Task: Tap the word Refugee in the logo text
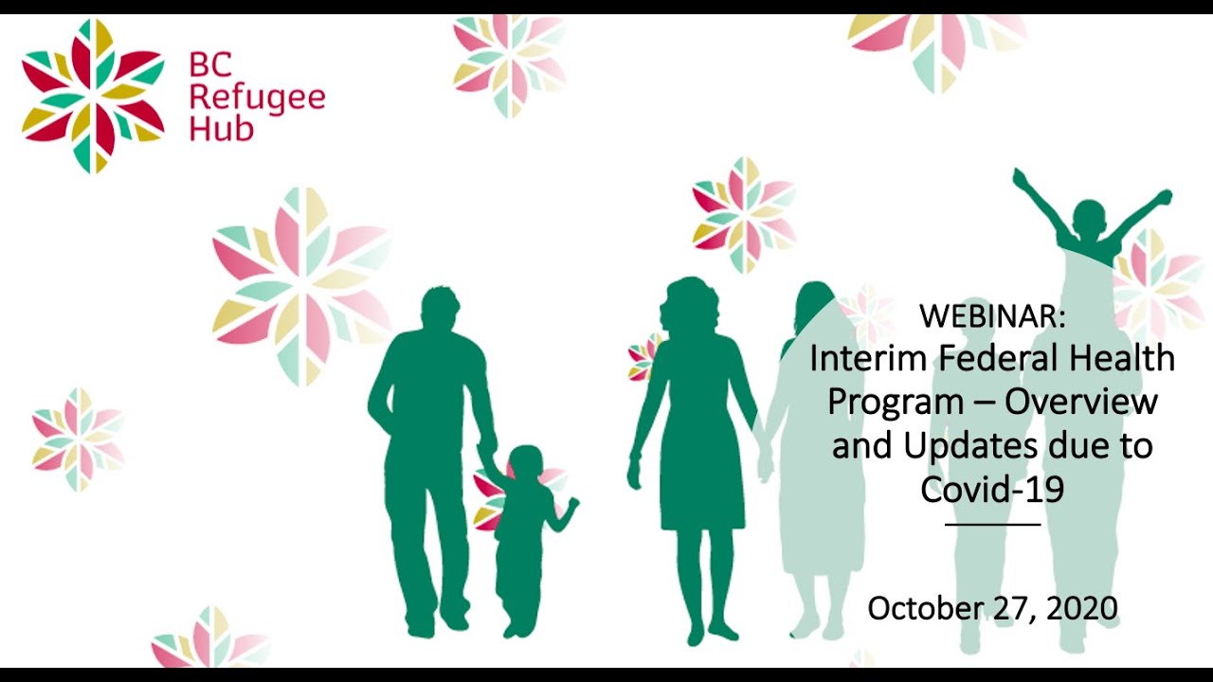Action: [257, 97]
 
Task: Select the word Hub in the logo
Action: [221, 128]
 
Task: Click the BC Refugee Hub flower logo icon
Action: [93, 96]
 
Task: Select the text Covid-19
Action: [992, 489]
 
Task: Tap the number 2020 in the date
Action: [1082, 608]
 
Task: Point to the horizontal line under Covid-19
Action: [992, 524]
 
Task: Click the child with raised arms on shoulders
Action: [1090, 223]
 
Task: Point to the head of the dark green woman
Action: [690, 305]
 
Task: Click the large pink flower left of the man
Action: [301, 285]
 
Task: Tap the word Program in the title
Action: [896, 402]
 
